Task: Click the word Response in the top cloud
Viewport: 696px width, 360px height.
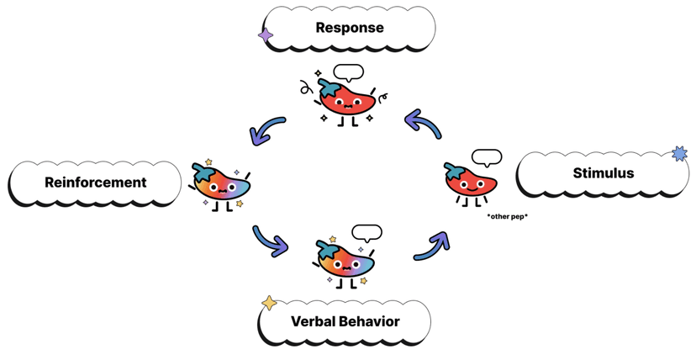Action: pos(349,28)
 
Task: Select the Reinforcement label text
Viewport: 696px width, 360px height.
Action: pos(95,182)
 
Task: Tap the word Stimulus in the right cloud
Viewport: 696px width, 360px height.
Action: pos(603,173)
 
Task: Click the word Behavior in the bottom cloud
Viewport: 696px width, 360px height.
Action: pos(371,321)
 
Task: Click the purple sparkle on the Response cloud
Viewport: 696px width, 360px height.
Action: pos(266,35)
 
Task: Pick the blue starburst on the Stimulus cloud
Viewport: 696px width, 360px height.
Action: pos(679,153)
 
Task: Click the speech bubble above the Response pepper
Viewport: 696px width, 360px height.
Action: pos(348,72)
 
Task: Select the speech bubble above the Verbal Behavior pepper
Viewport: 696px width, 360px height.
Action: pos(366,232)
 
